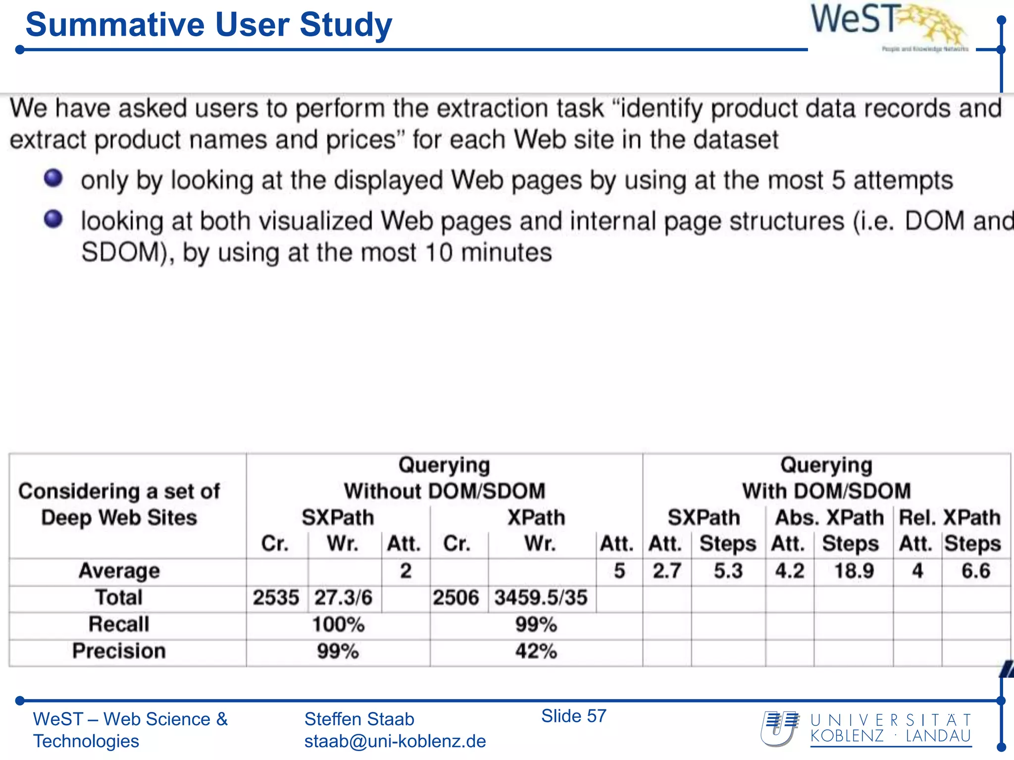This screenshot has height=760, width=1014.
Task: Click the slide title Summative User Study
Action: (208, 25)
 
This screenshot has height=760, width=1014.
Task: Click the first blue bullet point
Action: (53, 179)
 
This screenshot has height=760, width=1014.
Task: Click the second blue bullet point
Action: (53, 219)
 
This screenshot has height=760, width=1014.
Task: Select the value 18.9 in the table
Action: (854, 571)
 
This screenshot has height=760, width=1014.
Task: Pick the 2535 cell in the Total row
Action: (276, 598)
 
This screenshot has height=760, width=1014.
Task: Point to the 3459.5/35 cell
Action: (541, 598)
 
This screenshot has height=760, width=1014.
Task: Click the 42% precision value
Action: (536, 651)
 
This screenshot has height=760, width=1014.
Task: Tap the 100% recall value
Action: (338, 624)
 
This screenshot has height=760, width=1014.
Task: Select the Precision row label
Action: (119, 651)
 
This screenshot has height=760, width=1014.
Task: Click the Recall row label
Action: (119, 624)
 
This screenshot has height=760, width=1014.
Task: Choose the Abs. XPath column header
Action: (829, 518)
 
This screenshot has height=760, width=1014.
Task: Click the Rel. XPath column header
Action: (950, 518)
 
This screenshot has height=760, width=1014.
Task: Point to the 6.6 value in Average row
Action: (975, 571)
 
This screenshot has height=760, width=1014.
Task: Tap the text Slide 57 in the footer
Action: (573, 716)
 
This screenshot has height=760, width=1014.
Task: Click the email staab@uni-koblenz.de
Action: (395, 741)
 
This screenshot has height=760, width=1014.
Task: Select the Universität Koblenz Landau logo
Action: (866, 728)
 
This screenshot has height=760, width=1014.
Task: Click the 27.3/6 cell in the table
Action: (343, 598)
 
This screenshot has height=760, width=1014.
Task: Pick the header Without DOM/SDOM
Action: (444, 491)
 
